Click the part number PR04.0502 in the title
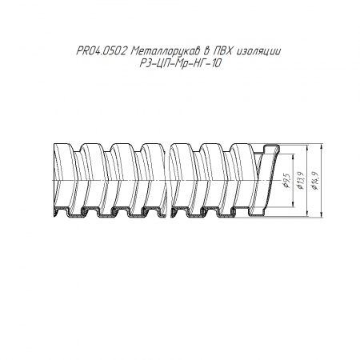pyautogui.click(x=101, y=51)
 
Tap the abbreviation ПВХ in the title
pyautogui.click(x=223, y=51)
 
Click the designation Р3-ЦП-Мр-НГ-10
pyautogui.click(x=181, y=63)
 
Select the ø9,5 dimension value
pyautogui.click(x=286, y=181)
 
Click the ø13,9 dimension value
pyautogui.click(x=301, y=181)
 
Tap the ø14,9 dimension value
pyautogui.click(x=315, y=181)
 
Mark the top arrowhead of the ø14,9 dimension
pyautogui.click(x=322, y=146)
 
